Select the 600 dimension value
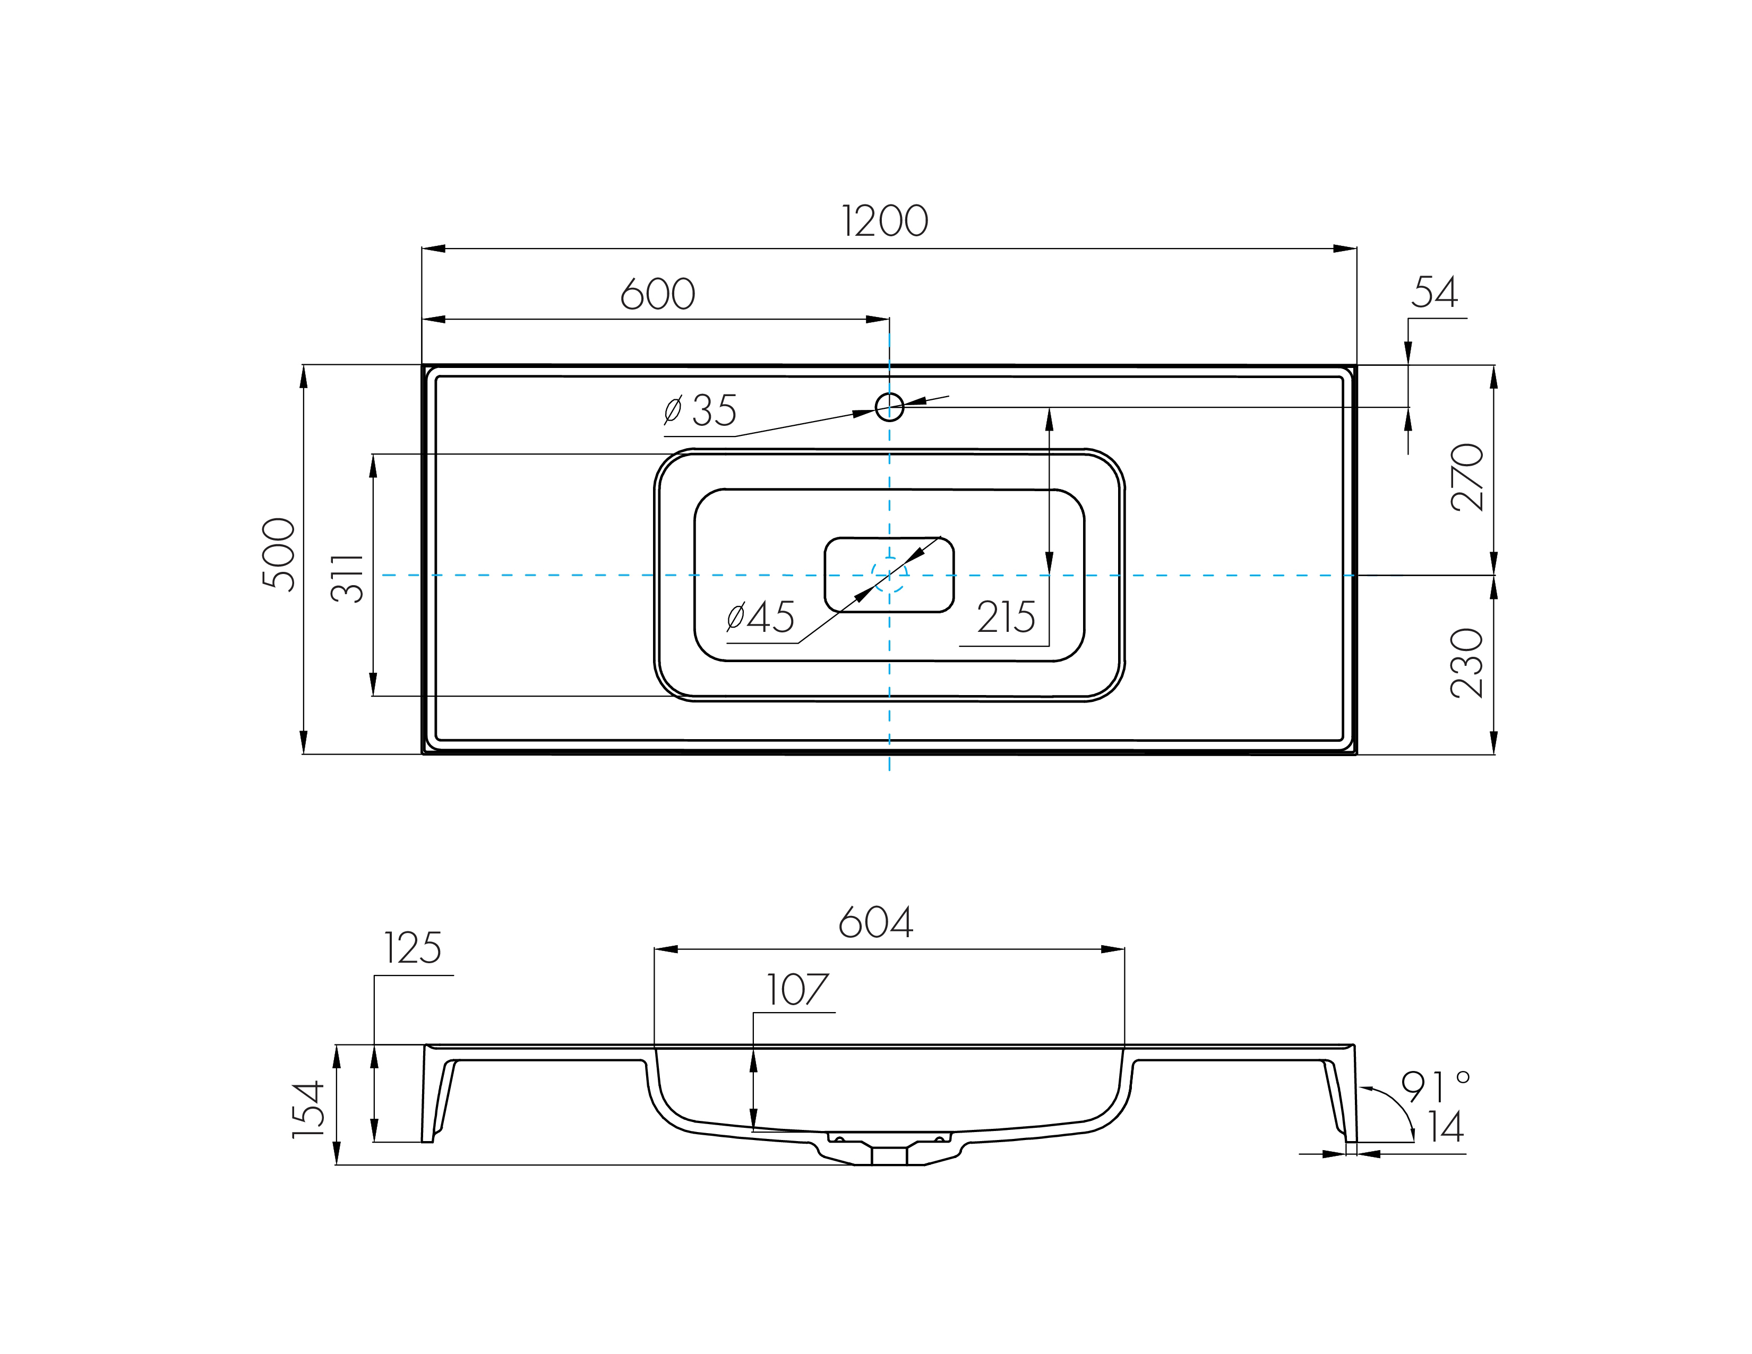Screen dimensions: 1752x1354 tap(658, 294)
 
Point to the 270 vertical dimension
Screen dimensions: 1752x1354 tap(1468, 477)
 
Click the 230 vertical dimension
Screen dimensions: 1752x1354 tap(1468, 663)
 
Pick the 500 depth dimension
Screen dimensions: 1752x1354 tap(279, 554)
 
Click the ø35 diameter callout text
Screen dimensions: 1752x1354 tap(700, 410)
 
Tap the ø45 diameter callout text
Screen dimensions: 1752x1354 tap(760, 617)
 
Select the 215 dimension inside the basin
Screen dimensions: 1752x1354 tap(1006, 617)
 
